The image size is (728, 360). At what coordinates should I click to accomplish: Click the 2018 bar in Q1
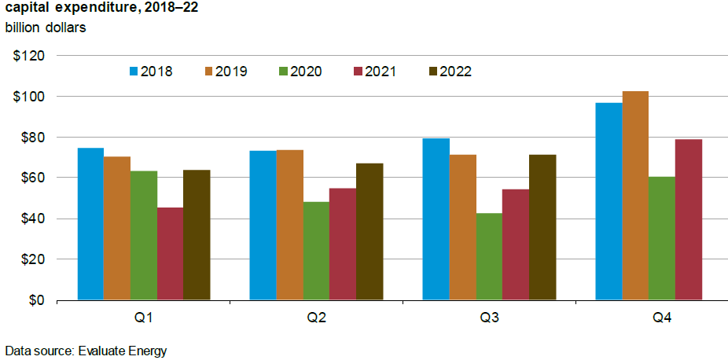tap(90, 224)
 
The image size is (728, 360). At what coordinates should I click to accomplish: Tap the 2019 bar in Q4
tap(635, 196)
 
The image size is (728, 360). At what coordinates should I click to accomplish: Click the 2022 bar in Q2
tap(370, 231)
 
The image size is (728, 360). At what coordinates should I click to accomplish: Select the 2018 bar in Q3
tap(436, 219)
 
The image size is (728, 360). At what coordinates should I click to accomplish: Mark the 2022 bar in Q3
tap(542, 227)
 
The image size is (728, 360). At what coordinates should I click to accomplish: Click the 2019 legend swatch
tap(208, 72)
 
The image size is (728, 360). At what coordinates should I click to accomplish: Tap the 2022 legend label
tap(455, 72)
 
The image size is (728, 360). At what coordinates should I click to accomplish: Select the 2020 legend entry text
tap(306, 72)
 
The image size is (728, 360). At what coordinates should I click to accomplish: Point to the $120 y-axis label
tap(28, 56)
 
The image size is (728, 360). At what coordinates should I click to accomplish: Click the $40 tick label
tap(31, 219)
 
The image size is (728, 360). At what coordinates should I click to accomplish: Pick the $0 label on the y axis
tap(35, 300)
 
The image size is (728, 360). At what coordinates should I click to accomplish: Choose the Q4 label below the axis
tap(662, 319)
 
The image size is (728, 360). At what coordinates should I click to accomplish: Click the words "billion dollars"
tap(46, 28)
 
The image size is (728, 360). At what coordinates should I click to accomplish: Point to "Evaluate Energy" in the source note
tap(123, 351)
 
